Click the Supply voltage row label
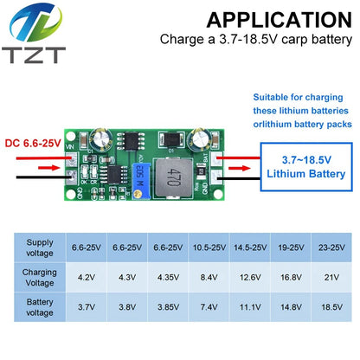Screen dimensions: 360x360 40,247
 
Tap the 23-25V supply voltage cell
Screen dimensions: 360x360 331,247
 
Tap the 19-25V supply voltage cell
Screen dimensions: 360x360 291,247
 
